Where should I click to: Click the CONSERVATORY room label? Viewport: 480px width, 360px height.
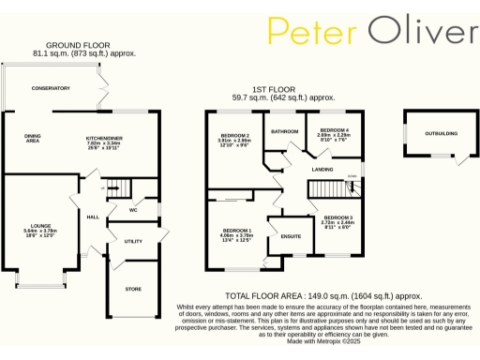tap(51, 88)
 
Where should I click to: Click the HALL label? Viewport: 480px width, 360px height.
tap(93, 217)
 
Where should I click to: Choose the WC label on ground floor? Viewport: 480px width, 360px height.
tap(135, 209)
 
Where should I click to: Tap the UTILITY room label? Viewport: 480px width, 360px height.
tap(132, 241)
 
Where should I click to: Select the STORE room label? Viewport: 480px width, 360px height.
tap(133, 289)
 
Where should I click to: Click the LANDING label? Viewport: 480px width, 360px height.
tap(323, 169)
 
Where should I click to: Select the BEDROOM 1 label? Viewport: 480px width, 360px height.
tap(238, 230)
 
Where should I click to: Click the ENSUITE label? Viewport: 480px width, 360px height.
tap(291, 235)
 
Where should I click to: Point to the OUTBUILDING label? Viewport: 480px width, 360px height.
tap(441, 133)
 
